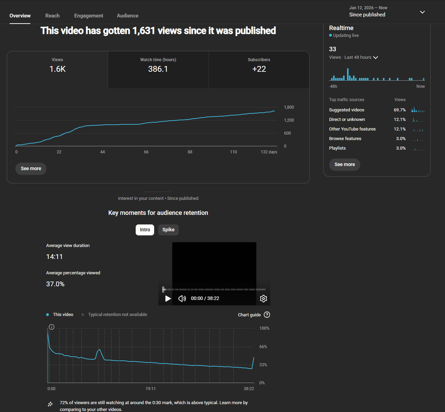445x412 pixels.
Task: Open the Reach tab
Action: pyautogui.click(x=52, y=16)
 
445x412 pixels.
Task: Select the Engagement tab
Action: pyautogui.click(x=89, y=16)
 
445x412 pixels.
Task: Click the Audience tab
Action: pyautogui.click(x=127, y=16)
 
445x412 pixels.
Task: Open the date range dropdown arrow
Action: pyautogui.click(x=422, y=12)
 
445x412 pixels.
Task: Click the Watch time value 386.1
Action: pyautogui.click(x=158, y=69)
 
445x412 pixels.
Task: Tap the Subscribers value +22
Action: pyautogui.click(x=259, y=69)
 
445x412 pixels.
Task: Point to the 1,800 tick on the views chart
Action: pyautogui.click(x=289, y=107)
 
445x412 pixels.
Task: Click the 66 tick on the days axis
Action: pyautogui.click(x=146, y=152)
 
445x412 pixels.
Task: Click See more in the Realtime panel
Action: pyautogui.click(x=345, y=164)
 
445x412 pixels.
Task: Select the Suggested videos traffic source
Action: pyautogui.click(x=347, y=110)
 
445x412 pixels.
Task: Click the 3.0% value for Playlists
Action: pyautogui.click(x=401, y=148)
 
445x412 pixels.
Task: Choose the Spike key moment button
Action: pyautogui.click(x=168, y=230)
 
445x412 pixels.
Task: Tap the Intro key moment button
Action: pyautogui.click(x=145, y=230)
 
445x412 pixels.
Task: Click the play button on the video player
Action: pyautogui.click(x=168, y=299)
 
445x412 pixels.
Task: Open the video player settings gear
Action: pyautogui.click(x=263, y=299)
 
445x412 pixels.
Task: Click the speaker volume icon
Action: pyautogui.click(x=182, y=299)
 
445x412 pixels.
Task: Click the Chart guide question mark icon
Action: pyautogui.click(x=267, y=315)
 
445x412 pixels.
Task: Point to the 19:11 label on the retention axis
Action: pyautogui.click(x=151, y=389)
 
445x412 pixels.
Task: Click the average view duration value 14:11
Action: pyautogui.click(x=54, y=257)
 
